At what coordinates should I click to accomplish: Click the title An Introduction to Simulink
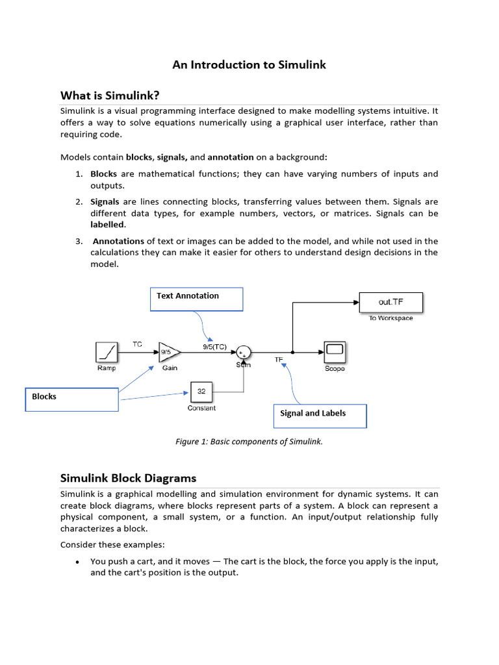coord(249,65)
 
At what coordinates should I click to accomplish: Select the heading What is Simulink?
coord(110,95)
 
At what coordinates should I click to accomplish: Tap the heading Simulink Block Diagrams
coord(128,478)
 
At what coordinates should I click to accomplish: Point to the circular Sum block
coord(244,353)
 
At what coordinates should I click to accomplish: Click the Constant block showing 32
coord(201,392)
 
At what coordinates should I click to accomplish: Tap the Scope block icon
coord(335,353)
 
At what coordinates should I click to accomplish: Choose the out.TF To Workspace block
coord(390,302)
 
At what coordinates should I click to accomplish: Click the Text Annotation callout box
coord(197,299)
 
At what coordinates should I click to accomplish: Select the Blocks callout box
coord(71,399)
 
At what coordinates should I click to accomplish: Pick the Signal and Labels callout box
coord(320,416)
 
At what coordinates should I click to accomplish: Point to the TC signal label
coord(138,344)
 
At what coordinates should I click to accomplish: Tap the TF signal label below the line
coord(279,358)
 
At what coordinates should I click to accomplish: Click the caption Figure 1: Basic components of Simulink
coord(249,442)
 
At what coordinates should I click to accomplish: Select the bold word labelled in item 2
coord(107,225)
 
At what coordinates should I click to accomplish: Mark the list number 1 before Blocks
coord(78,174)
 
